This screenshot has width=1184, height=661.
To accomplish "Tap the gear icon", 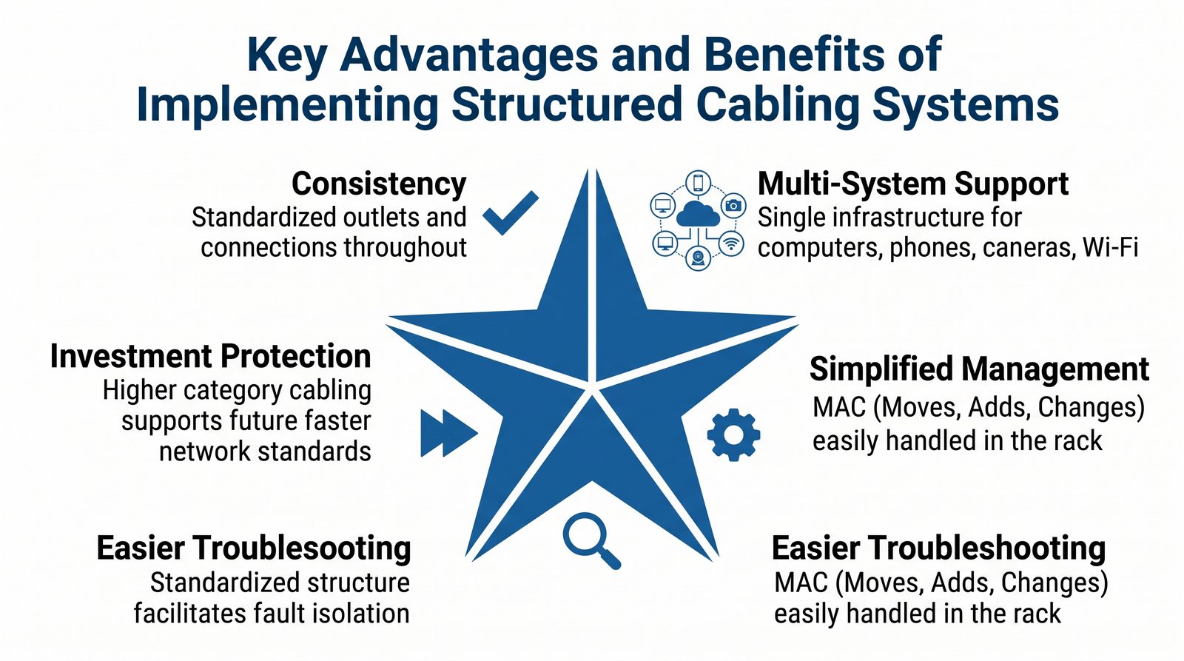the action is [733, 434].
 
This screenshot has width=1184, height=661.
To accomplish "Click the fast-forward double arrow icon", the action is [448, 433].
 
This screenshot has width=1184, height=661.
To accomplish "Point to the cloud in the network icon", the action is [698, 214].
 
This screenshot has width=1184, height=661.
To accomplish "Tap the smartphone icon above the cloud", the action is [698, 183].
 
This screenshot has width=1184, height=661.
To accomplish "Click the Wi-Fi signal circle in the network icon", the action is [732, 244].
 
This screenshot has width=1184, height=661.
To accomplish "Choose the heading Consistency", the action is [379, 184].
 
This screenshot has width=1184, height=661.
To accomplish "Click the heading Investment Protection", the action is [210, 356].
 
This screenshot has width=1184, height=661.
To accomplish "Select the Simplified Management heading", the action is [980, 369].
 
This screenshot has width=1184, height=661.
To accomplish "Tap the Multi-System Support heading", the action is [913, 184].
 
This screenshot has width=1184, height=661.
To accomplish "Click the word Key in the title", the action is [286, 54].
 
